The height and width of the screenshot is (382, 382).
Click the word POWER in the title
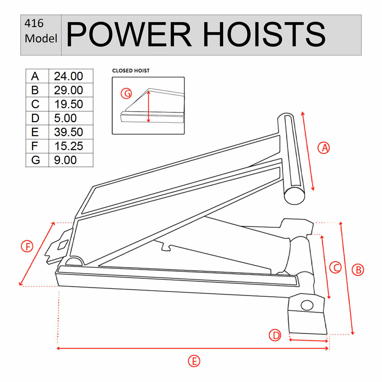point(129,35)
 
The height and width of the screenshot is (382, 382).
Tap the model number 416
point(34,24)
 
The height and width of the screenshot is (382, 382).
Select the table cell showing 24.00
point(68,76)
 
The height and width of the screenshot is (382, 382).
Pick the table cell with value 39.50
point(68,132)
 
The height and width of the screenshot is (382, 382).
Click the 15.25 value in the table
point(68,146)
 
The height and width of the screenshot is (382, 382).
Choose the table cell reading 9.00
point(65,160)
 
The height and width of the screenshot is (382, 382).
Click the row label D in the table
point(35,118)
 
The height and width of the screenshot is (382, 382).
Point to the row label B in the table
point(35,91)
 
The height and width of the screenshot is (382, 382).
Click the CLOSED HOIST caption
point(131,71)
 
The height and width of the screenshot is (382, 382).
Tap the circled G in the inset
point(126,93)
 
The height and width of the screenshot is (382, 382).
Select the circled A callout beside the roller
point(324,148)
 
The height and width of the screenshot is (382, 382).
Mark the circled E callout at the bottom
point(194,361)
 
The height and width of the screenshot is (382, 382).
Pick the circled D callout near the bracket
point(275,336)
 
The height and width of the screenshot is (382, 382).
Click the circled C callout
point(335,268)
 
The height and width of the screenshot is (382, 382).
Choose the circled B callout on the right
point(358,270)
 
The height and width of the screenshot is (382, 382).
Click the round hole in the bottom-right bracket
point(306,305)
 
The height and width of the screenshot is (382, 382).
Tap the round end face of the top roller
point(295,195)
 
